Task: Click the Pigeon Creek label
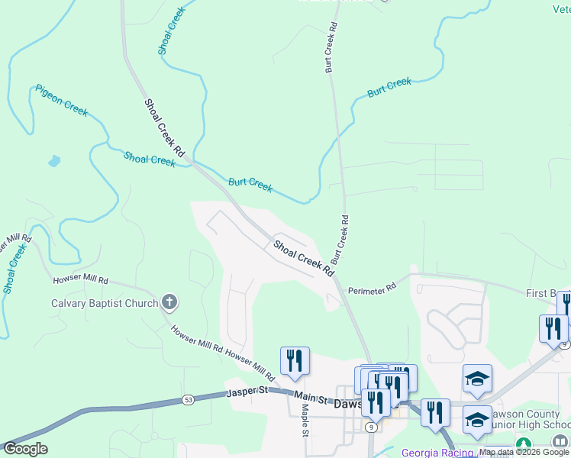[62, 101]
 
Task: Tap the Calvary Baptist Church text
[105, 303]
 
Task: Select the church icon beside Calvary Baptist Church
[169, 303]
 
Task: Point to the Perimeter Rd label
[373, 289]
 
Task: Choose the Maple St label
[305, 420]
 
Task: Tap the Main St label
[311, 399]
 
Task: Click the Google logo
[24, 449]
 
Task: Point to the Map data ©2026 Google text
[524, 452]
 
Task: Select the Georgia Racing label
[437, 452]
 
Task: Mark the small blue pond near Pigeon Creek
[53, 161]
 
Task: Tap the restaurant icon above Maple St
[295, 360]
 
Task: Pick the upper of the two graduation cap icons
[477, 378]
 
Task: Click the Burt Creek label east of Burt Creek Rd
[389, 87]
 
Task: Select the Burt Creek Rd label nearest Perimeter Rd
[339, 239]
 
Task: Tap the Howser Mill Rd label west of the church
[81, 281]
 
